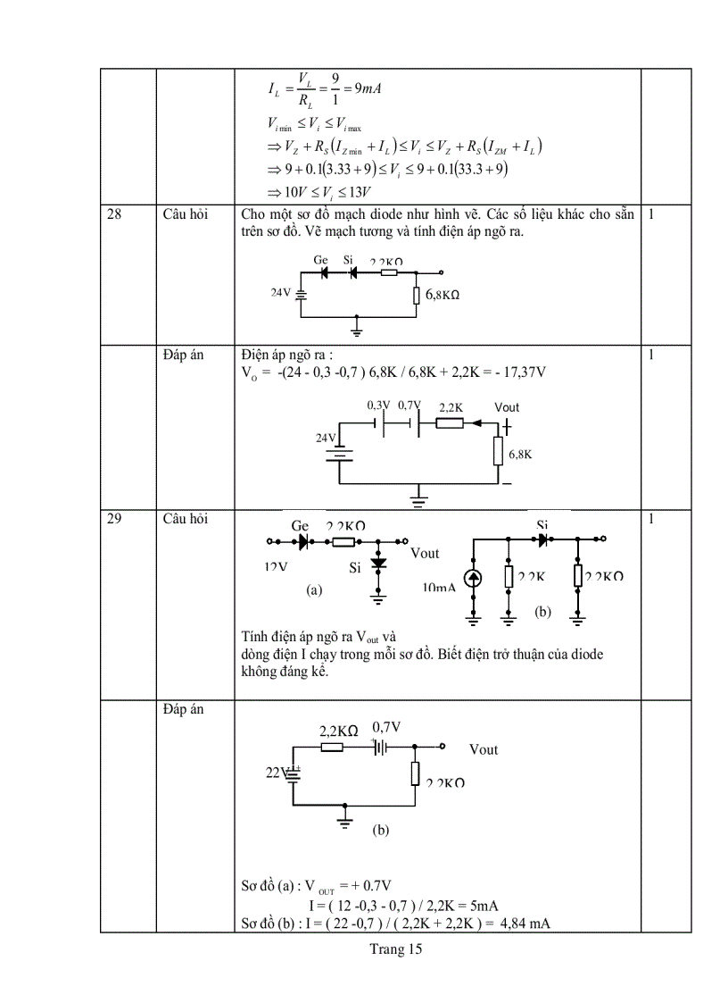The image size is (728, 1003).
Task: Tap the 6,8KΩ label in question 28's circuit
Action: [x=446, y=294]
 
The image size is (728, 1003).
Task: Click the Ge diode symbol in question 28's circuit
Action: [x=326, y=272]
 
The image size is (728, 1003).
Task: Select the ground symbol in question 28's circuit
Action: [x=357, y=332]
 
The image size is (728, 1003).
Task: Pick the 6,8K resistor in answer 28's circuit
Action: [x=499, y=453]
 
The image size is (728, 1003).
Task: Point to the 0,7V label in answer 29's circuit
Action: [x=386, y=728]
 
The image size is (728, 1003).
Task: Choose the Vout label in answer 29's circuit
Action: [x=484, y=749]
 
